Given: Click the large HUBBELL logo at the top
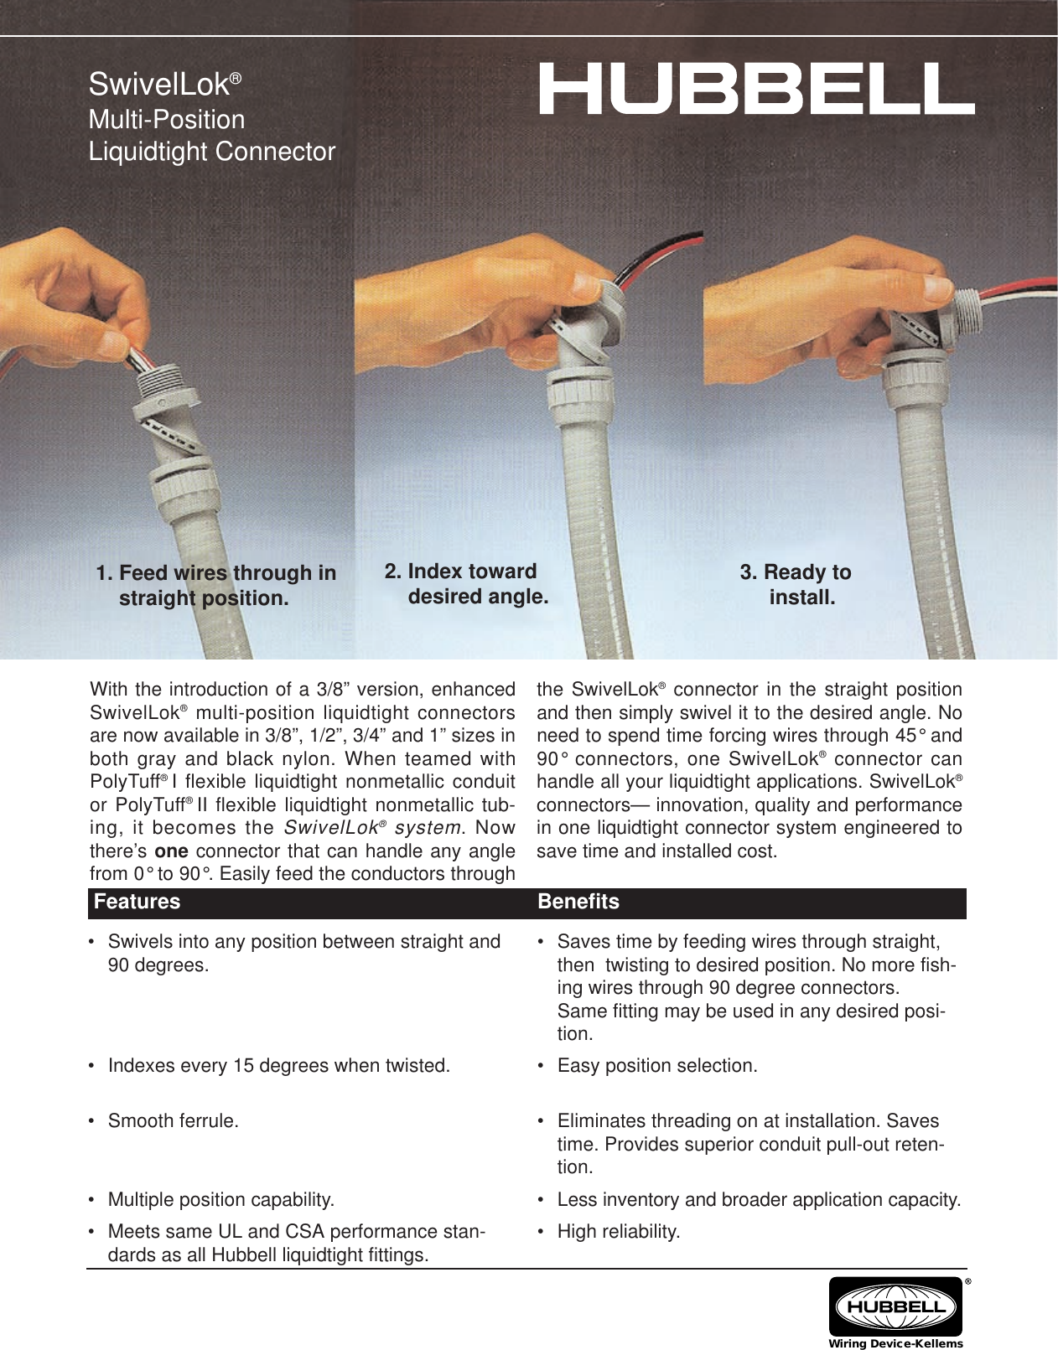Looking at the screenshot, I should (x=755, y=90).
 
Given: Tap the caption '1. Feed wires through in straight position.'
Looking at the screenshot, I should (x=215, y=586).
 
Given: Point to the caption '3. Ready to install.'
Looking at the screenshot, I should (x=796, y=585).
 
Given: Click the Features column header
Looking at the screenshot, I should (x=137, y=902).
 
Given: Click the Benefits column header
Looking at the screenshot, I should (x=578, y=902).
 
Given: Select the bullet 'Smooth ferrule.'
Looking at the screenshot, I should (x=173, y=1120).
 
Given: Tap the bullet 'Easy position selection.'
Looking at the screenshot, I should (x=656, y=1066).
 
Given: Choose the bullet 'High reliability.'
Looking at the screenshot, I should (x=619, y=1232).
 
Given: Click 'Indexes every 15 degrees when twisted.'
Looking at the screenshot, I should (x=278, y=1066).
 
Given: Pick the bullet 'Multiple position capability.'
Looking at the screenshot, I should (x=220, y=1199).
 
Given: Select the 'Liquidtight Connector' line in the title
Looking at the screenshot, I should (x=212, y=152).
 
